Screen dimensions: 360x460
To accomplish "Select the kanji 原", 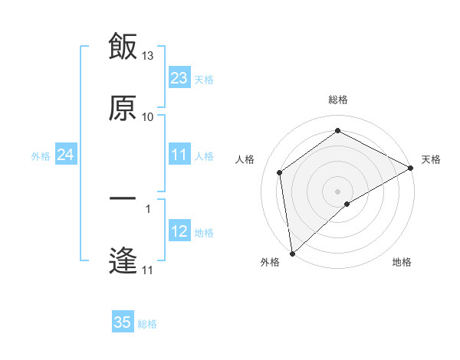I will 123,108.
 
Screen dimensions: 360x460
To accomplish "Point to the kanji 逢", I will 123,261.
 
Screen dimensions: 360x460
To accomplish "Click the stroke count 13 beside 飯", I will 148,56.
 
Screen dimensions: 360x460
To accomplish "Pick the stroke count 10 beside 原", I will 148,117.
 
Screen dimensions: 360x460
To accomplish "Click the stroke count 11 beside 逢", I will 148,270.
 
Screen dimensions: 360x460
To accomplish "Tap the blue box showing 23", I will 179,77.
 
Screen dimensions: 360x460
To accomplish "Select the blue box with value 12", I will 179,231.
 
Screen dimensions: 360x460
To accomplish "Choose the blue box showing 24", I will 66,155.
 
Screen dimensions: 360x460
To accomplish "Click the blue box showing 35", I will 123,322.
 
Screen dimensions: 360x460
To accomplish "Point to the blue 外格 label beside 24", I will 41,156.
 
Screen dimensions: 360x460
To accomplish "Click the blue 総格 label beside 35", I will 147,324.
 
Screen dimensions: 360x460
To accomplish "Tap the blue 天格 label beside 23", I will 204,79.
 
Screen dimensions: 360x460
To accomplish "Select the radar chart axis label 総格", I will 338,100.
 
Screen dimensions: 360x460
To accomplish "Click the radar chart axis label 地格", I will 402,263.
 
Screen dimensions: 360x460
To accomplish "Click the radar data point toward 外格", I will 292,254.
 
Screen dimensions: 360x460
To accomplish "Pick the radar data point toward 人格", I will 280,172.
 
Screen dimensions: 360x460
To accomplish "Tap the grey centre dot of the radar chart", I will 338,191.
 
